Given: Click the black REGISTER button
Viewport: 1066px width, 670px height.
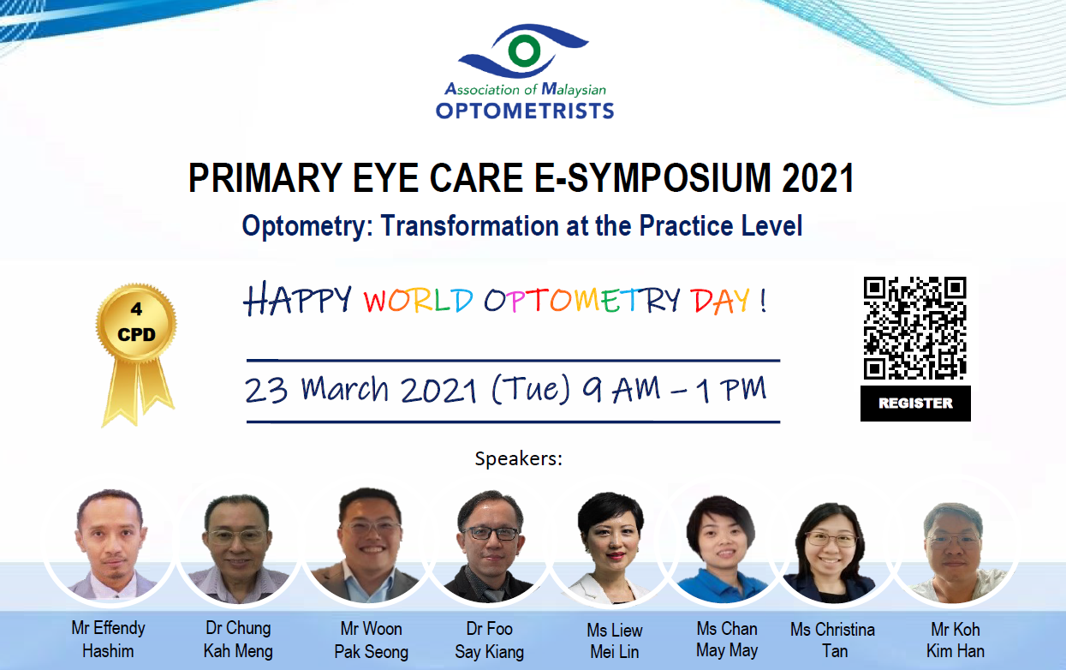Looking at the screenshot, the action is coord(915,404).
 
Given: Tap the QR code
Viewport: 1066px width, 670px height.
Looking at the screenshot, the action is coord(914,327).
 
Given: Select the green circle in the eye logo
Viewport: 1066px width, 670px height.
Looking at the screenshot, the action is coord(524,50).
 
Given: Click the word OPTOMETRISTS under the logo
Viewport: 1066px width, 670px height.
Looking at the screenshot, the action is coord(525,111).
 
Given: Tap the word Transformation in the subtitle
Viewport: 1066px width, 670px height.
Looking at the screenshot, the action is coord(470,225).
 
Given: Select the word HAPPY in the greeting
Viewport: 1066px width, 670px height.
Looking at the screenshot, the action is coord(297,300).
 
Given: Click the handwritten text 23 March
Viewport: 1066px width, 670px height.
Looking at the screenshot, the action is coord(317,390).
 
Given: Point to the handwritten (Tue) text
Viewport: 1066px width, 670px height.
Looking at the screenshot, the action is coord(530,389).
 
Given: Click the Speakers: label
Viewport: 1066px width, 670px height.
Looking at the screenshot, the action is coord(519,458).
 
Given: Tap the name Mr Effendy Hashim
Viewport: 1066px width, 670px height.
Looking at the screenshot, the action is coord(108,639).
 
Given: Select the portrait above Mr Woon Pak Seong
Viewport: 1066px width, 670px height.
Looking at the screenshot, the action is coord(370,546).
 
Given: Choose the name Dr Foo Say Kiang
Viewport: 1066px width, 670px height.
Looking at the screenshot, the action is coord(489,640).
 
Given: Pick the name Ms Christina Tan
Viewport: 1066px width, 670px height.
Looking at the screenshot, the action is coord(833,640).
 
